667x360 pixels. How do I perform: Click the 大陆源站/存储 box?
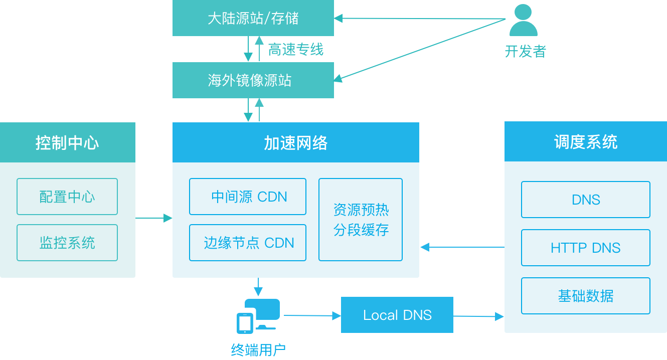tap(253, 19)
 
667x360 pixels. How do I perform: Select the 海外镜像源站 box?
tap(253, 80)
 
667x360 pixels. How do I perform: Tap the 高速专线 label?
tap(295, 49)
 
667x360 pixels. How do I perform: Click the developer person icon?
tap(523, 21)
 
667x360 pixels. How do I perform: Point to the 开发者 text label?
tap(525, 51)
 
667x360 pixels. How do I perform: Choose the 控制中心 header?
tap(67, 142)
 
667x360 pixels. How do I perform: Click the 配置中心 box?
tap(67, 197)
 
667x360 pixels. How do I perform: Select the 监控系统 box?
tap(67, 243)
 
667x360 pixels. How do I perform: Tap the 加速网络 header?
tap(295, 142)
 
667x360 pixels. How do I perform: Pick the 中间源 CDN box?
tap(248, 197)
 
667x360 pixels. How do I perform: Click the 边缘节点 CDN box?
tap(248, 243)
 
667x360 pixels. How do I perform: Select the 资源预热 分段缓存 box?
tap(361, 220)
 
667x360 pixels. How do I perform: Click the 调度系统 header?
tap(585, 142)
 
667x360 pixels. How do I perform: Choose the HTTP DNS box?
tap(585, 248)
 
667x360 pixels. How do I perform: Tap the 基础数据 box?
tap(585, 296)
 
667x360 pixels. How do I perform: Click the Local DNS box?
tap(397, 315)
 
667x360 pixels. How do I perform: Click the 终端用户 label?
tap(258, 349)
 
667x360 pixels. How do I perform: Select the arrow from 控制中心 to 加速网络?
tap(153, 218)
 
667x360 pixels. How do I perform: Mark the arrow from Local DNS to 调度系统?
tap(478, 316)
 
